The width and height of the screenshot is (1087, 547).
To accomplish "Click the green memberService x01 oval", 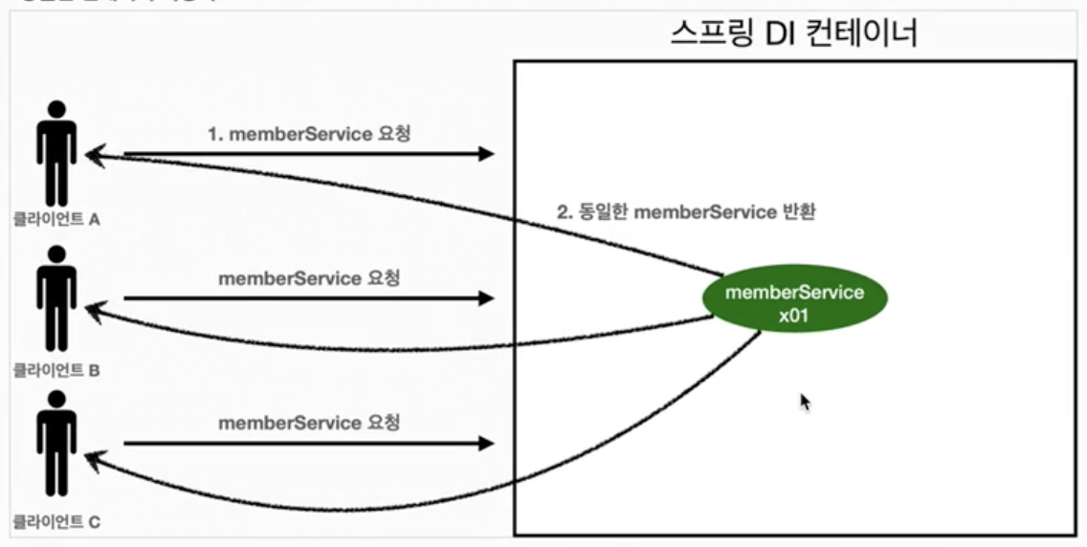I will coord(794,298).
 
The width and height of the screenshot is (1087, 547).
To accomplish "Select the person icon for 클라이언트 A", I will coord(56,153).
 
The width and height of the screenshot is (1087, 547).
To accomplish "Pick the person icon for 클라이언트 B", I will coord(56,298).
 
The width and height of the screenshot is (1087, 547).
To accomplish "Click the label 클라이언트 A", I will coord(56,219).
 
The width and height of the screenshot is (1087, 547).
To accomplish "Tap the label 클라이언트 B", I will coord(56,368).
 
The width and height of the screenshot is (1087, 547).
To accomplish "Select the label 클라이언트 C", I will coord(56,523).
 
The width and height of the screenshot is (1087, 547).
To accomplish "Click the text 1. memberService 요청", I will coord(309,134).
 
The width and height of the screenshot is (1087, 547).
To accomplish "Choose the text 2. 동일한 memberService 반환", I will coord(685,212).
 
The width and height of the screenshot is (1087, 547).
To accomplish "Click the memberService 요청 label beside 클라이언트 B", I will coord(309,278).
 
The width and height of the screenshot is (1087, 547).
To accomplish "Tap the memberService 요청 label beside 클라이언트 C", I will coord(309,422).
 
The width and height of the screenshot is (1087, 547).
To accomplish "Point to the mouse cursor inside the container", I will coord(805,401).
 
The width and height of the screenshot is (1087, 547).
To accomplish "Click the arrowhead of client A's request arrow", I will coord(486,154).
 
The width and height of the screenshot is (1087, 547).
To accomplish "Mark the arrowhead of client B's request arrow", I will coord(486,298).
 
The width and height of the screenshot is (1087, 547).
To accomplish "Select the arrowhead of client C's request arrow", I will coord(486,444).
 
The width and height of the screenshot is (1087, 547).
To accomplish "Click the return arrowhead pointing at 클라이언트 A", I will coord(94,153).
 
